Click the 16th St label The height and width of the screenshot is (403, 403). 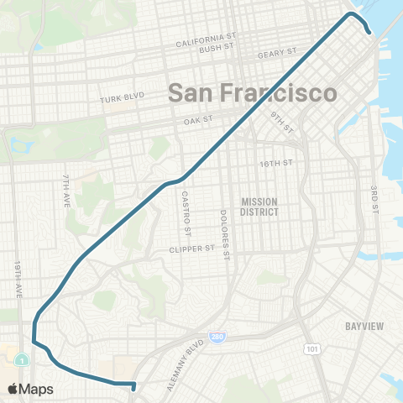pyautogui.click(x=277, y=163)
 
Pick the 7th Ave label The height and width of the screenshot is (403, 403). pyautogui.click(x=65, y=191)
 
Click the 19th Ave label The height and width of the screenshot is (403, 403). pyautogui.click(x=18, y=279)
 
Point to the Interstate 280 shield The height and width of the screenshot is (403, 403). pyautogui.click(x=217, y=338)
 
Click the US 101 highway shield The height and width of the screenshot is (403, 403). pyautogui.click(x=312, y=347)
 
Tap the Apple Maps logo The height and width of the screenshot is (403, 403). pyautogui.click(x=31, y=389)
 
